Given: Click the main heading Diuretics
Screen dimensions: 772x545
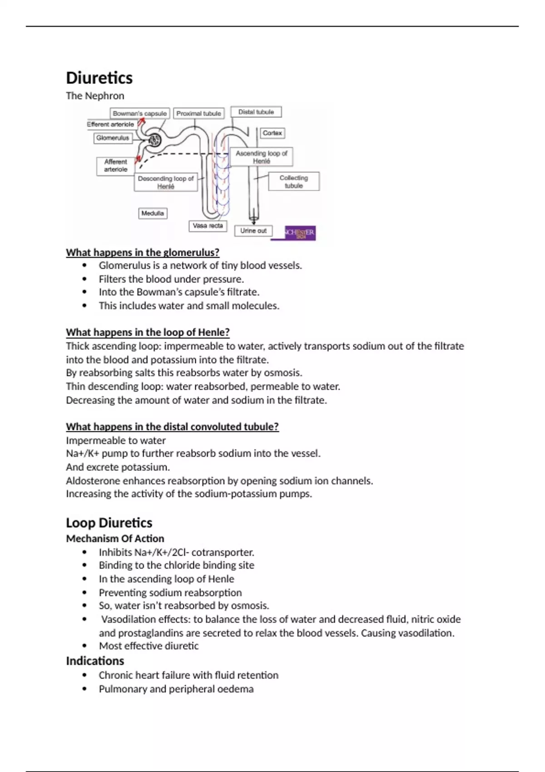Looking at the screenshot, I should pos(99,78).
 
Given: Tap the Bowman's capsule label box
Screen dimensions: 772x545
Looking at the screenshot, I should pos(140,114).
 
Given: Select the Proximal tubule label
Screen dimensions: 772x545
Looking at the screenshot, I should pos(198,114).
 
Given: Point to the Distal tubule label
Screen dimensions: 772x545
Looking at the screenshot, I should pos(256,112).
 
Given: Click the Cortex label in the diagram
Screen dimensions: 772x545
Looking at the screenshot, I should pos(272,133).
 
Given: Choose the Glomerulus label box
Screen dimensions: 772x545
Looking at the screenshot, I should pos(113,138).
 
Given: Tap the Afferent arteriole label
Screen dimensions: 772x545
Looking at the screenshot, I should pos(115,165).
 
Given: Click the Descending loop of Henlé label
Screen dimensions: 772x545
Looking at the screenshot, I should pos(166,182).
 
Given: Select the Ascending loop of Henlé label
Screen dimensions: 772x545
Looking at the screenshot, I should pos(261,157).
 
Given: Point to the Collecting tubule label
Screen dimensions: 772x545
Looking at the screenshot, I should pos(293,182).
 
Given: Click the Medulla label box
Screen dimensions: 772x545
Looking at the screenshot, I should pos(153,213).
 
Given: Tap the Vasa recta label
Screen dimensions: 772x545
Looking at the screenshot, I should pos(208,226).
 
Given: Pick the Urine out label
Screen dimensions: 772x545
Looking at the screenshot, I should pos(253,231).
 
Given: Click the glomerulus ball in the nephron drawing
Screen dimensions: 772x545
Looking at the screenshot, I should pos(155,140).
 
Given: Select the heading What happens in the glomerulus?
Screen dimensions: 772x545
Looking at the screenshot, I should pos(143,252).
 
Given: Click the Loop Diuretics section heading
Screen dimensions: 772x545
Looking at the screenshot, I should pos(109,523).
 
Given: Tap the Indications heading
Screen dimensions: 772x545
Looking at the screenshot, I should pos(95,661).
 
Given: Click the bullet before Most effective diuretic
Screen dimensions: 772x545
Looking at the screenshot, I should pos(84,646).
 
